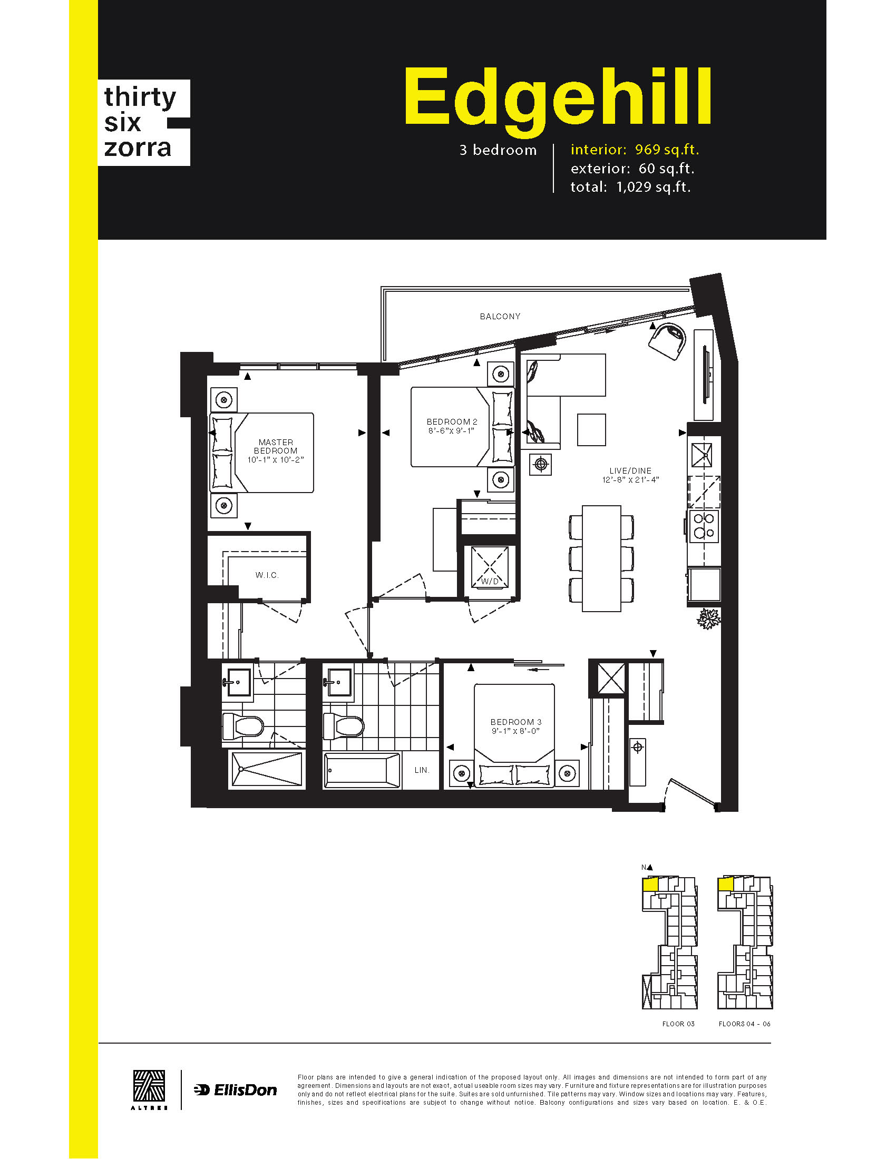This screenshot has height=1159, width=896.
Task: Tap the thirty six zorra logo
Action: pyautogui.click(x=144, y=123)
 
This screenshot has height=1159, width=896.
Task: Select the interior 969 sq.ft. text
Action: pyautogui.click(x=635, y=150)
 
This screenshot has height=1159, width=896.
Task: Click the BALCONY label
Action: pyautogui.click(x=500, y=316)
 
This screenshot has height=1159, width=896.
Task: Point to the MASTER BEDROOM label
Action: pyautogui.click(x=276, y=446)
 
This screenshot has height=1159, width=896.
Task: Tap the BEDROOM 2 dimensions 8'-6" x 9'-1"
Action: pyautogui.click(x=451, y=431)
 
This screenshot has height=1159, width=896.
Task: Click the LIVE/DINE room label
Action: pyautogui.click(x=630, y=470)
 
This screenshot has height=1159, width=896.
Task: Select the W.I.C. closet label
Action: pyautogui.click(x=267, y=575)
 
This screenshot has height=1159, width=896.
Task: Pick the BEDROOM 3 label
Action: pyautogui.click(x=516, y=722)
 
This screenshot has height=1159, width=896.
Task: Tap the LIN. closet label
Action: pyautogui.click(x=422, y=770)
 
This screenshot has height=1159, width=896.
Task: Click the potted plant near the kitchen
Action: pyautogui.click(x=708, y=619)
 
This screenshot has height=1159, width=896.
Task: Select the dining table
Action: pyautogui.click(x=601, y=558)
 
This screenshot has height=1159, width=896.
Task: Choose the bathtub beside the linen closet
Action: pyautogui.click(x=362, y=770)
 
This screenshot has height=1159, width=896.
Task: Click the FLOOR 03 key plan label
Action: pyautogui.click(x=678, y=1024)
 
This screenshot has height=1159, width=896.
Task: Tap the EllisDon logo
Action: pyautogui.click(x=236, y=1090)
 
